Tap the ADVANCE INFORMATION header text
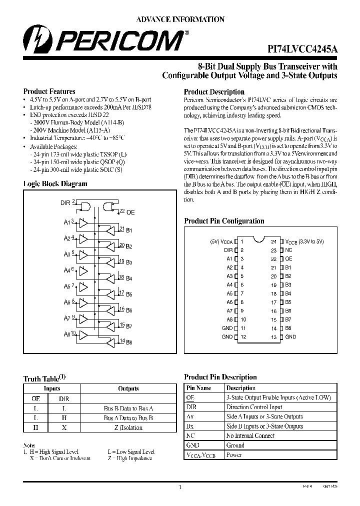[180, 19]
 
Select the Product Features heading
[49, 91]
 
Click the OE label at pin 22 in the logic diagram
[130, 212]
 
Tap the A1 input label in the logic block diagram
[66, 222]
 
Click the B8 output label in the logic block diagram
[129, 342]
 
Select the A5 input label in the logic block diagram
[66, 287]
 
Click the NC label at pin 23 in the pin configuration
[288, 250]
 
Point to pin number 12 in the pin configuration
[243, 337]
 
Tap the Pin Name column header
[198, 388]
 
